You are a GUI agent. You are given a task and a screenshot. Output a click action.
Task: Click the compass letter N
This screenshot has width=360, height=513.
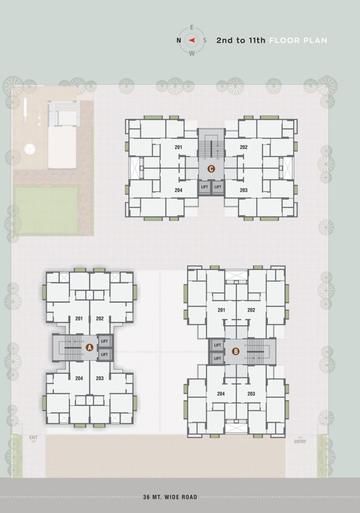178,40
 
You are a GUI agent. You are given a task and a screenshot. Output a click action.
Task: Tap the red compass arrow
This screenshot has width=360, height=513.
192,40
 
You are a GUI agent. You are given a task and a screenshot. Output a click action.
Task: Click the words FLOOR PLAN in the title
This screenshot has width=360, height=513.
298,40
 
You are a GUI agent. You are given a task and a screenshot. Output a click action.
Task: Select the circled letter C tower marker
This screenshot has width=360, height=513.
211,169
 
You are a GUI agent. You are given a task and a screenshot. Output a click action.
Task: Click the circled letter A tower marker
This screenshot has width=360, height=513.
89,347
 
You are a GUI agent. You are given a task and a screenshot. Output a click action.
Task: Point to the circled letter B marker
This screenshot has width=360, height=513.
235,351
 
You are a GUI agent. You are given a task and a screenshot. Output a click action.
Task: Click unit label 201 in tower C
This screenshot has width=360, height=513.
178,147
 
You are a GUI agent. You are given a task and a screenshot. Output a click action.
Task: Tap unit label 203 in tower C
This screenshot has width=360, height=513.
244,190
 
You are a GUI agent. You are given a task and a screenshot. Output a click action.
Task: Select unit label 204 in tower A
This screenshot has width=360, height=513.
79,378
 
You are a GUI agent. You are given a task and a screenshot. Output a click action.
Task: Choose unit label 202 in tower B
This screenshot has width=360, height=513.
251,310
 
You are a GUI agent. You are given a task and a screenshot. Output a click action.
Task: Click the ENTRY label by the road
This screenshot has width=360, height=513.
300,442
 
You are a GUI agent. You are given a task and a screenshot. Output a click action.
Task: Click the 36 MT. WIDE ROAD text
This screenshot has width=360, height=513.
170,497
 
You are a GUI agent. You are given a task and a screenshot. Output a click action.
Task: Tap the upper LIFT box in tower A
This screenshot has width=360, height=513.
104,341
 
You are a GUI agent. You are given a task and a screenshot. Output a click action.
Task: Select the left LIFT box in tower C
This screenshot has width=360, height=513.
204,187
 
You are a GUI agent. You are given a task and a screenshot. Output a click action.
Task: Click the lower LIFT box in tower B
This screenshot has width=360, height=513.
217,359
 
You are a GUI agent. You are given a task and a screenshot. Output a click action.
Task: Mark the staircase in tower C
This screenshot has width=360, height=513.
211,147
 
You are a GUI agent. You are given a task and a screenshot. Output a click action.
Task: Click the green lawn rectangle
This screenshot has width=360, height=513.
46,210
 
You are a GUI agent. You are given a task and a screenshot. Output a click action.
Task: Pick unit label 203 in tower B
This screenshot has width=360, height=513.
251,394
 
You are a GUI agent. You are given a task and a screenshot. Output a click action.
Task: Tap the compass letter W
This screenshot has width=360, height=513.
192,53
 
